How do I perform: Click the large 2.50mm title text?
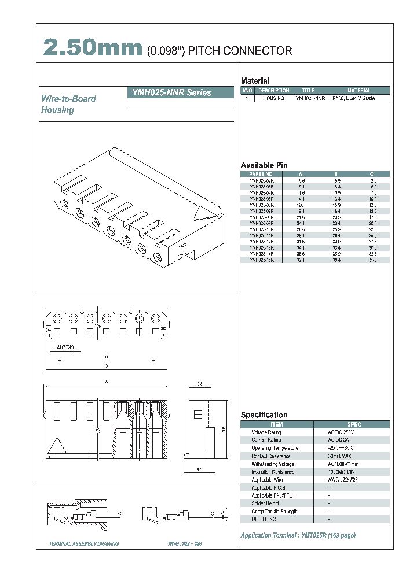92,49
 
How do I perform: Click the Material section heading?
255,81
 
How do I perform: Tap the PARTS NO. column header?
261,174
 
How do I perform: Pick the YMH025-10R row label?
261,229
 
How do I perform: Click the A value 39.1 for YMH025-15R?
301,260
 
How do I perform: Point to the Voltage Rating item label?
266,432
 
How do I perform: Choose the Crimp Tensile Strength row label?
275,512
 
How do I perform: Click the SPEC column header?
353,424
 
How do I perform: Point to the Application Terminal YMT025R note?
298,535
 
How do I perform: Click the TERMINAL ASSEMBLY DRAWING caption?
84,544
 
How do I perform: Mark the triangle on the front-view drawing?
58,447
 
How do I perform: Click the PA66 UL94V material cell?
353,98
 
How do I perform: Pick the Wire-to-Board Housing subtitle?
68,104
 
